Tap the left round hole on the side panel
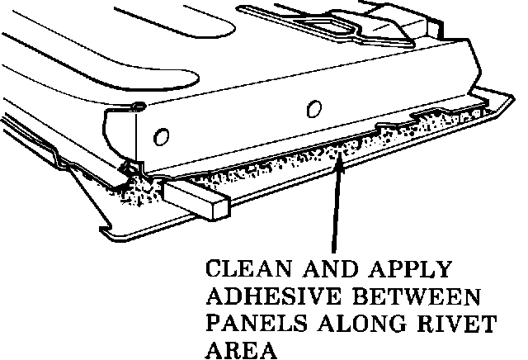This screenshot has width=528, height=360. pos(162,135)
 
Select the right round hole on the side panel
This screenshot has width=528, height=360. pos(312,108)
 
